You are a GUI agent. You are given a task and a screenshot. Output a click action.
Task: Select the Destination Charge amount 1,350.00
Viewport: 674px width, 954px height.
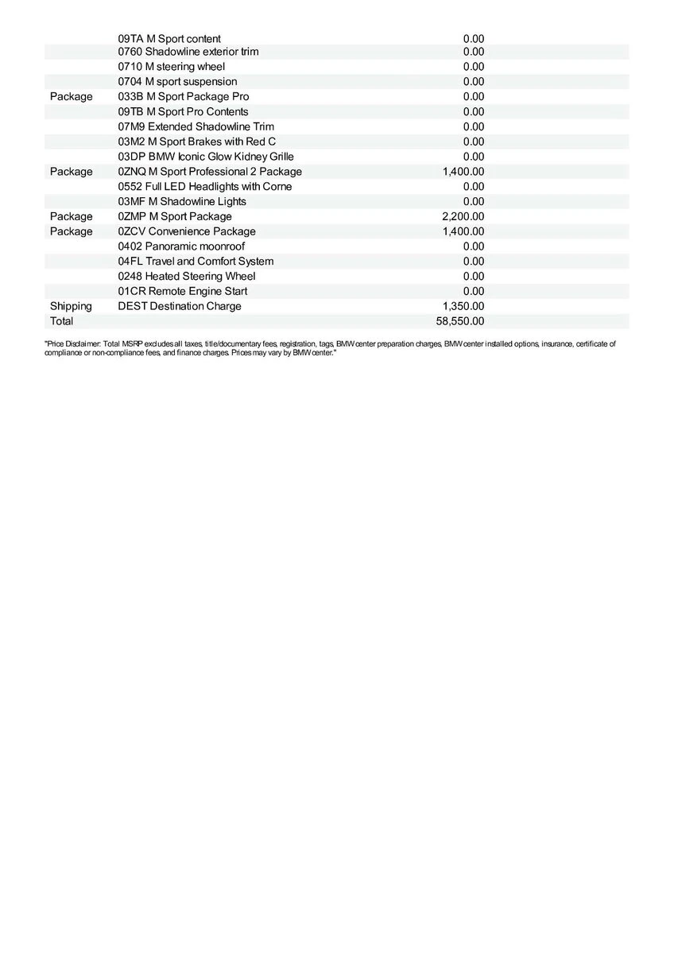463,306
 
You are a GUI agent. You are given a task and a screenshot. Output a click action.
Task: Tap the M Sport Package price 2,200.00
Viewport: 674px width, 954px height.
463,216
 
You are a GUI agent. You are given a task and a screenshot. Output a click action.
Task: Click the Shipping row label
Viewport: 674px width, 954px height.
71,306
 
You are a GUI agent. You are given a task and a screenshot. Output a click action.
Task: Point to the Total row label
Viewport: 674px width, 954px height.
61,321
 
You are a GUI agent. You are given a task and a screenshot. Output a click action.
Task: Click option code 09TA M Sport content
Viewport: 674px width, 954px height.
169,38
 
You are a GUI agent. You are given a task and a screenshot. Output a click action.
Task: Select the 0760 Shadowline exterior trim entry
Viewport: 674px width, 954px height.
188,52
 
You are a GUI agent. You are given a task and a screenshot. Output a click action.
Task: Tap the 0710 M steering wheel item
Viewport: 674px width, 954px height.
171,67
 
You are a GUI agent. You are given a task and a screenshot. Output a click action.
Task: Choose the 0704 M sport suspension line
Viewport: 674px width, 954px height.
176,81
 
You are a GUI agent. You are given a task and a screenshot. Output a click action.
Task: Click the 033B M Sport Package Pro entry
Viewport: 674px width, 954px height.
183,96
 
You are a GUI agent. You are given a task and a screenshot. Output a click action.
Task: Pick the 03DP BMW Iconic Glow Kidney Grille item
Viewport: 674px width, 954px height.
205,157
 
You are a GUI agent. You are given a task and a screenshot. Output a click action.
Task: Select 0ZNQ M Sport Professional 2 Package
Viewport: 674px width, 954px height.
210,172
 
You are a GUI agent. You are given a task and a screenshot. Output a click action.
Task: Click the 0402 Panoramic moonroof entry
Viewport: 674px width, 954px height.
181,246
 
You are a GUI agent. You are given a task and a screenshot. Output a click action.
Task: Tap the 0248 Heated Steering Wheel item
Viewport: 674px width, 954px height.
187,276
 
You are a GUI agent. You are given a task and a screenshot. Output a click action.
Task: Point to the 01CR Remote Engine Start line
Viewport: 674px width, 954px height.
182,291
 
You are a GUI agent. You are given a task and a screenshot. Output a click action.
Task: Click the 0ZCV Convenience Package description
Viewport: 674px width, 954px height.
187,231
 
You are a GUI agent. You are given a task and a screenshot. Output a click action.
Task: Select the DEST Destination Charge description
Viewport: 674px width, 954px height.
179,306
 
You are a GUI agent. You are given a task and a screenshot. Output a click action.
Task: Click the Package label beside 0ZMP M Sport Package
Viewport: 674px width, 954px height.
71,216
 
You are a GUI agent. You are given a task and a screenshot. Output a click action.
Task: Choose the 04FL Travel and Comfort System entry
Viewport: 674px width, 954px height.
196,262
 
